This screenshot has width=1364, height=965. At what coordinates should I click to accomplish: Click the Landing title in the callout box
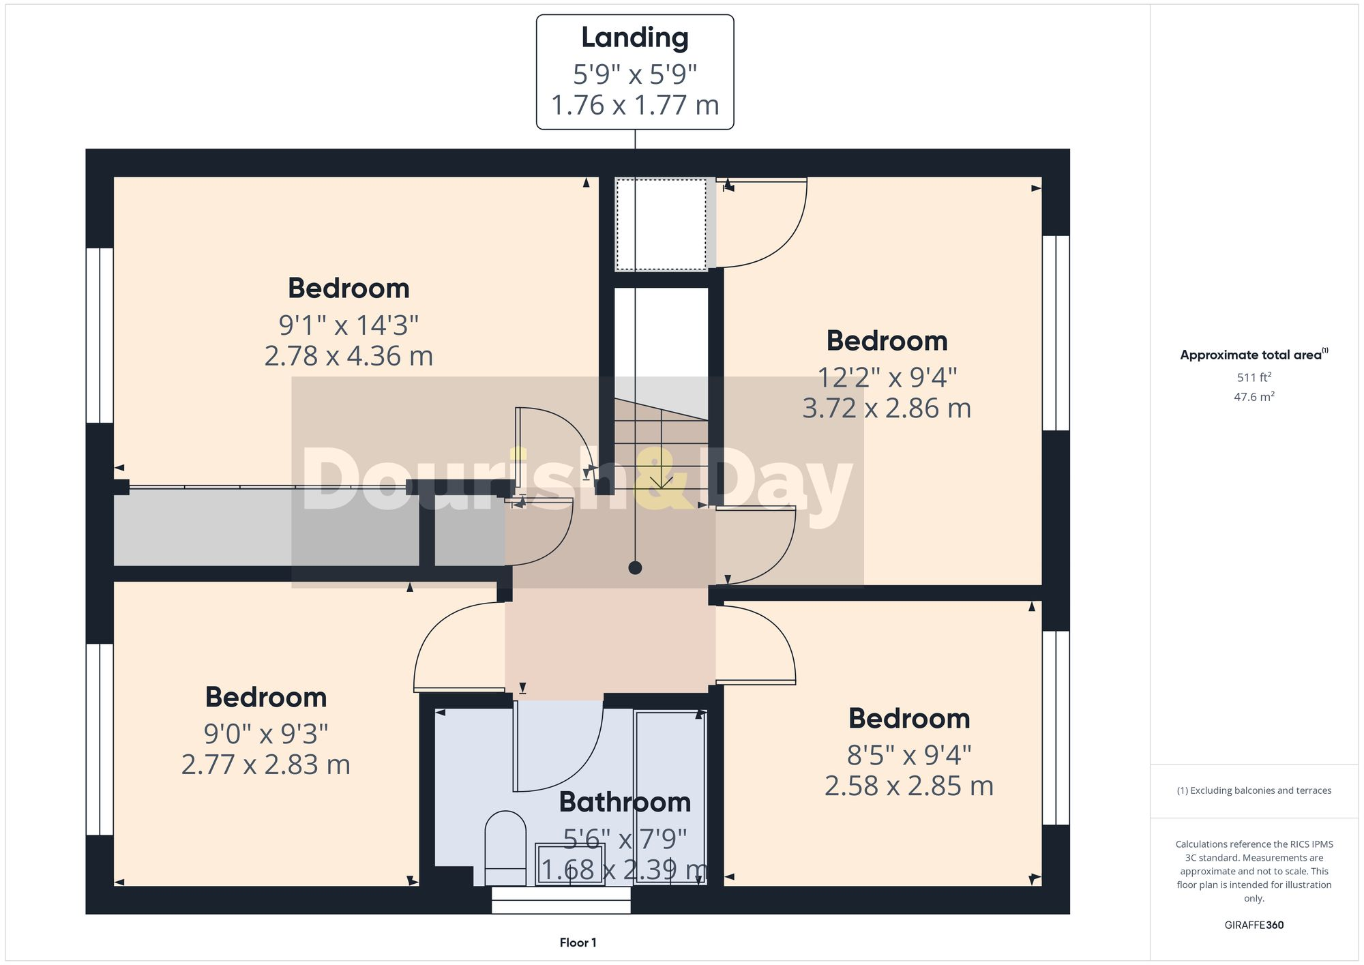(x=635, y=38)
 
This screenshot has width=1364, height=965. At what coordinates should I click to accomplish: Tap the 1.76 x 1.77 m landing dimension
(x=635, y=105)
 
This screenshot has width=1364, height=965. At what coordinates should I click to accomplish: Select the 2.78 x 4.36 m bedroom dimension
(x=349, y=356)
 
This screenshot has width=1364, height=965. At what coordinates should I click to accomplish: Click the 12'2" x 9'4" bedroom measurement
(x=887, y=376)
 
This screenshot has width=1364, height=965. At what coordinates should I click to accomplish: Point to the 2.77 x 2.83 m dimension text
(x=266, y=764)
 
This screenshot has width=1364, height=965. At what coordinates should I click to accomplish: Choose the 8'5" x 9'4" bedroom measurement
(x=909, y=755)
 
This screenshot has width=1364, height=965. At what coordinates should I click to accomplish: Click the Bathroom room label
(x=625, y=802)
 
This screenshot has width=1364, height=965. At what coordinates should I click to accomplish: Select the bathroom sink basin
(x=570, y=864)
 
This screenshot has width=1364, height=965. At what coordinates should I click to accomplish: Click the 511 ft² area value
(x=1254, y=377)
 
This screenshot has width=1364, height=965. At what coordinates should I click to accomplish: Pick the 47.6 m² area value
(x=1254, y=396)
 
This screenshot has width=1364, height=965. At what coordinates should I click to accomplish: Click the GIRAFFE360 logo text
(x=1254, y=925)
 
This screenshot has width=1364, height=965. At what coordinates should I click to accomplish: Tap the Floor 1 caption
(x=578, y=942)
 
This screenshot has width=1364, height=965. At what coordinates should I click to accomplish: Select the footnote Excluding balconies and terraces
(x=1254, y=790)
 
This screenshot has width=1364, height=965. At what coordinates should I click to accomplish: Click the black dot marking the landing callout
(x=635, y=567)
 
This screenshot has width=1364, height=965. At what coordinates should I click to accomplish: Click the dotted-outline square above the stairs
(x=662, y=224)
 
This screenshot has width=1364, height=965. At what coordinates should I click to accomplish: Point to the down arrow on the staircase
(x=661, y=481)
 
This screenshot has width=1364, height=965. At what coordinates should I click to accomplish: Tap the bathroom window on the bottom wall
(x=561, y=900)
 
